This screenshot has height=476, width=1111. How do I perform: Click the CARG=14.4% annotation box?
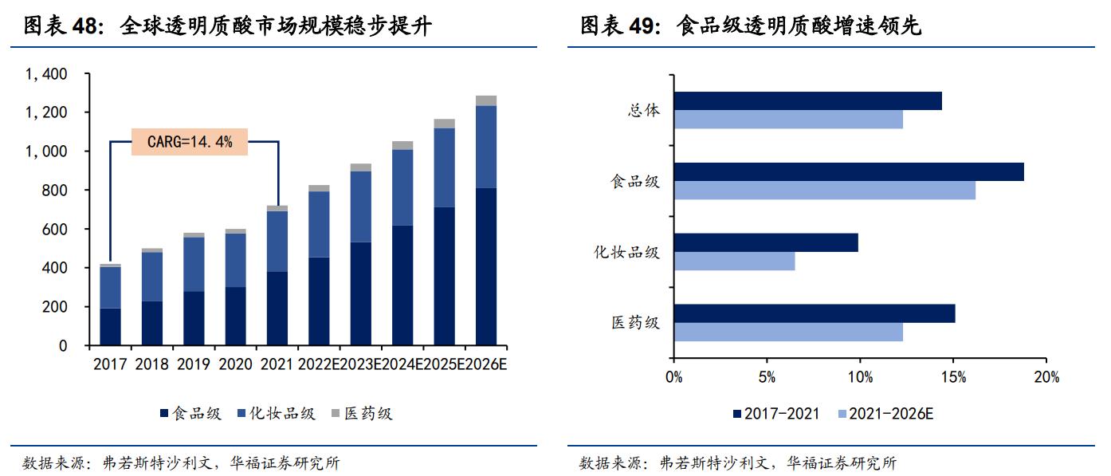[190, 142]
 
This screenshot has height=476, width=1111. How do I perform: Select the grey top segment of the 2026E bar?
[486, 100]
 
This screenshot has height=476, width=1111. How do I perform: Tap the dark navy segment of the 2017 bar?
[111, 327]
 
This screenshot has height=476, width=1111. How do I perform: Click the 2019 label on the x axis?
[194, 365]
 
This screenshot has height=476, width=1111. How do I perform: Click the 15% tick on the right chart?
[953, 377]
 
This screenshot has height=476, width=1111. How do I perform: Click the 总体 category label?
[643, 111]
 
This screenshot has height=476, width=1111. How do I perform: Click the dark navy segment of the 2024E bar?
[402, 285]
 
